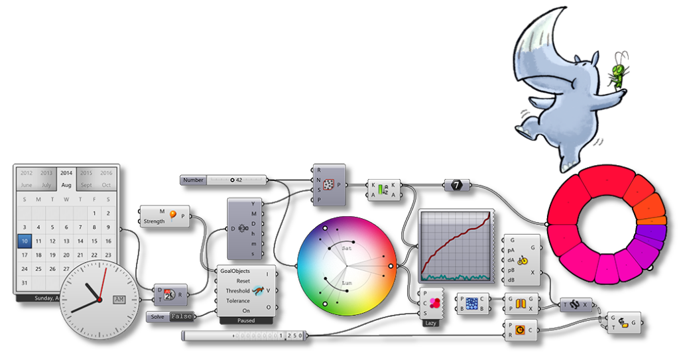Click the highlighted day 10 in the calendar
point(25,241)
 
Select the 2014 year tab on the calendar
point(66,173)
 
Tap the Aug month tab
point(66,185)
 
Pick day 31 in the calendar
point(25,283)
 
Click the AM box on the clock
point(119,300)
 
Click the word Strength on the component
point(154,221)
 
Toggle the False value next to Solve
point(180,316)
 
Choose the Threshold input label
point(237,290)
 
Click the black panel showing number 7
point(457,185)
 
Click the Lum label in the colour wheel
point(346,283)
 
